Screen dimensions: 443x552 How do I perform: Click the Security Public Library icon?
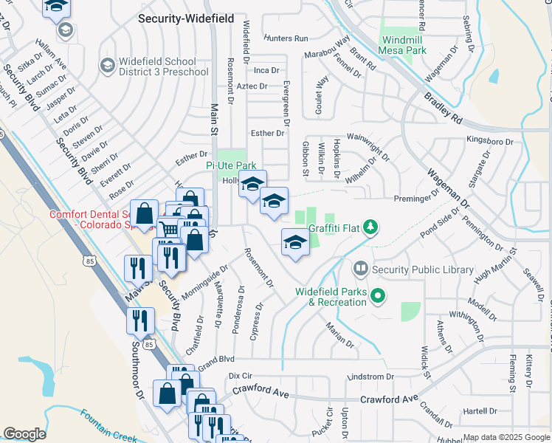pyautogui.click(x=361, y=269)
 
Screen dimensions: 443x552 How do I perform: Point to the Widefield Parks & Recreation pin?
pyautogui.click(x=379, y=297)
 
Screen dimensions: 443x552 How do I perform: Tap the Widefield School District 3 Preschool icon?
pyautogui.click(x=108, y=66)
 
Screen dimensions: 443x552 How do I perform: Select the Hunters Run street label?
pyautogui.click(x=285, y=38)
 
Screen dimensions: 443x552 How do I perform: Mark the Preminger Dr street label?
pyautogui.click(x=412, y=199)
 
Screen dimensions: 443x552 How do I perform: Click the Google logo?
pyautogui.click(x=24, y=434)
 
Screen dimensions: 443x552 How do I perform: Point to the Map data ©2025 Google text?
pyautogui.click(x=506, y=437)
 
